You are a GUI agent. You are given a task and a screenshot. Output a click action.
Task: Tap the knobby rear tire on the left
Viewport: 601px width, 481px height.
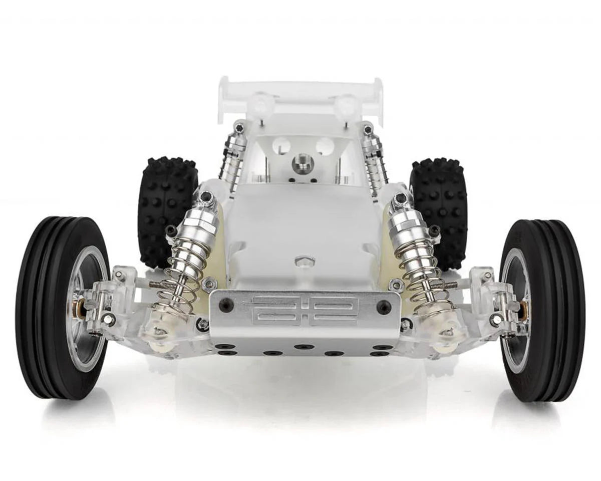[167, 210]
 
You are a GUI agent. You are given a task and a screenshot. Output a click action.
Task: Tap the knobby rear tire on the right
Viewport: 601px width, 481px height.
[439, 210]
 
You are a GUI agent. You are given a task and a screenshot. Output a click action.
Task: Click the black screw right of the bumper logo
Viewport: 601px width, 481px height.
[384, 307]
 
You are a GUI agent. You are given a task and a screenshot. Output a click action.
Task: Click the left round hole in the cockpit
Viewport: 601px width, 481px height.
[281, 146]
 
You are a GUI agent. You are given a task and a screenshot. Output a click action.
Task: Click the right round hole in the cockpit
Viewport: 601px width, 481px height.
[325, 146]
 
